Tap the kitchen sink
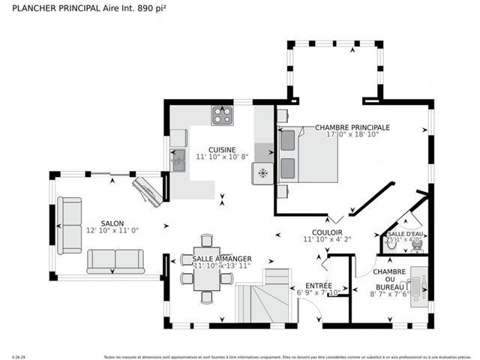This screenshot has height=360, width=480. click(x=178, y=159)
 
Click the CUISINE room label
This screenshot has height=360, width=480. click(x=222, y=149)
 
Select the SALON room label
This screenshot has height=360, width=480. click(x=112, y=223)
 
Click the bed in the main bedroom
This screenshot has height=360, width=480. click(x=307, y=155)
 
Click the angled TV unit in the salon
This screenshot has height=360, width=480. click(x=147, y=190)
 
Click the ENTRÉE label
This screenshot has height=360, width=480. click(x=319, y=285)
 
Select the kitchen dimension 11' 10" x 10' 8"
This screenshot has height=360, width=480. click(x=222, y=157)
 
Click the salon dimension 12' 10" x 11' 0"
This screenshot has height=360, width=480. click(x=112, y=231)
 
